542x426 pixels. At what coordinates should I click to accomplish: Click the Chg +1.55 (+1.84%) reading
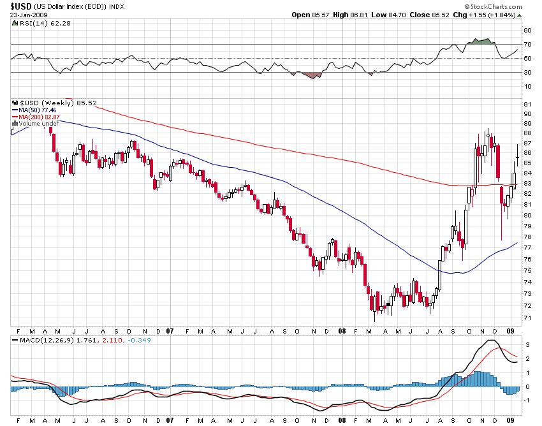(x=491, y=15)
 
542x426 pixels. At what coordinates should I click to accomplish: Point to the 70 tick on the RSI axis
(x=528, y=45)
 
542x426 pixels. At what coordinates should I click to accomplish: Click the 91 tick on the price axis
(x=527, y=104)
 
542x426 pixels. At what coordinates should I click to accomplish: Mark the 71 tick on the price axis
(x=527, y=318)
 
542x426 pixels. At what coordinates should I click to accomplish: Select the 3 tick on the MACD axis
(x=527, y=345)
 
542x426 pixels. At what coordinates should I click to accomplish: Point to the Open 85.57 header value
(x=309, y=15)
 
